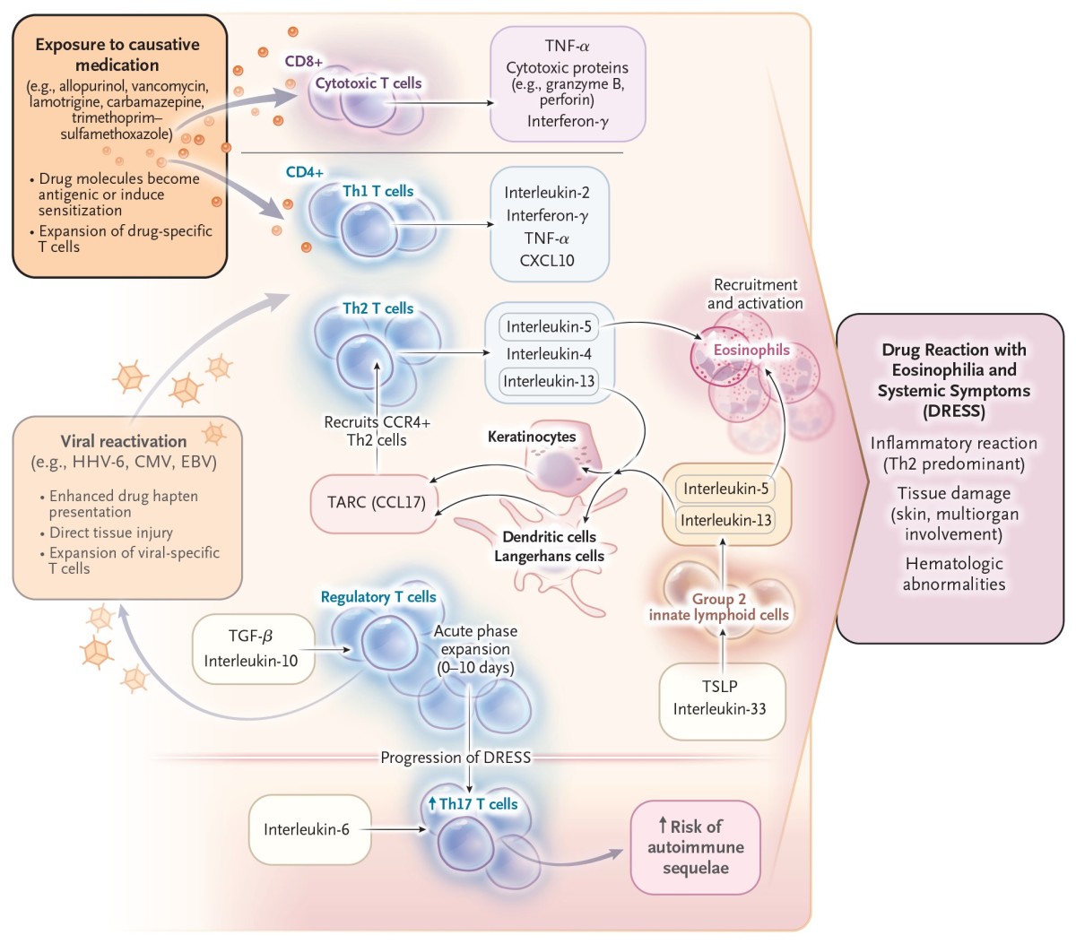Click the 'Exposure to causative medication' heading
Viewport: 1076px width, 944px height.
click(117, 55)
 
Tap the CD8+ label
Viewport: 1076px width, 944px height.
click(304, 62)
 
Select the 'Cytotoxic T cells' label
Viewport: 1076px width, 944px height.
click(369, 83)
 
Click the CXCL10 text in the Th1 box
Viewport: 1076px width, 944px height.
click(547, 261)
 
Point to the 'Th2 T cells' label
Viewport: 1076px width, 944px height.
click(377, 308)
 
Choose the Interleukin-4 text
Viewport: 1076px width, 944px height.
click(549, 354)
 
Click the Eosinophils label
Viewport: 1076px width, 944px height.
click(751, 350)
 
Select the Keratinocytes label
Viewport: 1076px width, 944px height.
click(532, 437)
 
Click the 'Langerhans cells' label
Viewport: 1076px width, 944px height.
click(550, 556)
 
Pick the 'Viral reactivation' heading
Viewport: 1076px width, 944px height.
click(124, 441)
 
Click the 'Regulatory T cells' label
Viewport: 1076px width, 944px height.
click(378, 597)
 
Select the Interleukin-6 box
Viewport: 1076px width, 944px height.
click(308, 829)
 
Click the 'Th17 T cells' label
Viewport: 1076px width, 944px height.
click(473, 804)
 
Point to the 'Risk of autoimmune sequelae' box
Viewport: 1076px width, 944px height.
click(695, 847)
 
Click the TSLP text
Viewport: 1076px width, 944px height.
click(719, 686)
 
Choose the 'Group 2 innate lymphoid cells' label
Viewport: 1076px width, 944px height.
click(719, 607)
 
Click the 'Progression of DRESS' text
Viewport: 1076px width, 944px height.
click(456, 758)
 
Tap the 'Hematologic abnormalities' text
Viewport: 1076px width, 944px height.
click(953, 574)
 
